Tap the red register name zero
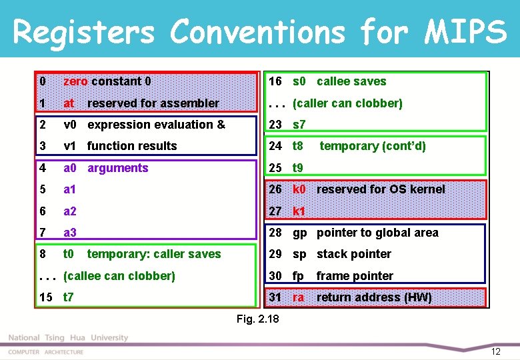75,81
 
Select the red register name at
69,103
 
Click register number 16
275,81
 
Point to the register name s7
299,125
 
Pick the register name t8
298,146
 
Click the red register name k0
299,189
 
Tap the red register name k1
299,211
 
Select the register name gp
300,233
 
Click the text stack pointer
353,254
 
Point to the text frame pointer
355,276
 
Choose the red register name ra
298,297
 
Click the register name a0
70,168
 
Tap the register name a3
70,233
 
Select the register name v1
70,146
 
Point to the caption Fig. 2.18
258,319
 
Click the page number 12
495,351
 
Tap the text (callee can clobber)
119,276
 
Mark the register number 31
275,297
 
